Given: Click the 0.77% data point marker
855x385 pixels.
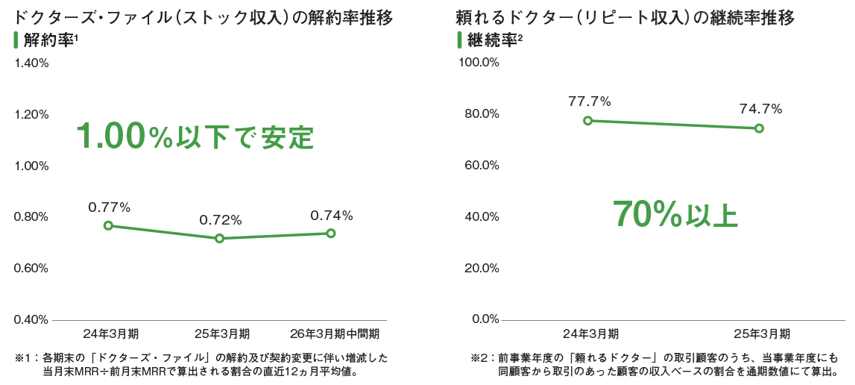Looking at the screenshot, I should pyautogui.click(x=108, y=225).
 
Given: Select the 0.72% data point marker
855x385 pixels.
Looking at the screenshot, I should pyautogui.click(x=219, y=238).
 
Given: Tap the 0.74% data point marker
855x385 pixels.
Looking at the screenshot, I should pyautogui.click(x=331, y=234).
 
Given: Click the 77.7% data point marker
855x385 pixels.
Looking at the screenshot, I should pyautogui.click(x=588, y=120).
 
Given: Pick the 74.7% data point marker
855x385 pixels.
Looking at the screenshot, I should pyautogui.click(x=760, y=128).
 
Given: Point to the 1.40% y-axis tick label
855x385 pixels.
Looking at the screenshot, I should pyautogui.click(x=31, y=63).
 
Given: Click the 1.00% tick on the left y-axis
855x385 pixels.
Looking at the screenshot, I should pyautogui.click(x=31, y=166).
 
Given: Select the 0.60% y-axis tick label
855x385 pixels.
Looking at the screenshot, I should pyautogui.click(x=31, y=269).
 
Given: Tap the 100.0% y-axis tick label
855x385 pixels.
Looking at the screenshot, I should pyautogui.click(x=478, y=62).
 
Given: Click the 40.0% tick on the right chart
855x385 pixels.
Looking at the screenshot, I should pyautogui.click(x=481, y=216).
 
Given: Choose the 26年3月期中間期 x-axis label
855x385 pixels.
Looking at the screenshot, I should pyautogui.click(x=334, y=333).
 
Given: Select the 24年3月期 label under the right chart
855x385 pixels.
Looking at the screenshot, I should pyautogui.click(x=590, y=333).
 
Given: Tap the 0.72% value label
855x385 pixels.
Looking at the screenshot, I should pyautogui.click(x=221, y=220).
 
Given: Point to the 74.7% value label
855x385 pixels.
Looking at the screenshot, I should pyautogui.click(x=760, y=110).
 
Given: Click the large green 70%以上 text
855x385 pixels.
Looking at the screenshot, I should pyautogui.click(x=675, y=214).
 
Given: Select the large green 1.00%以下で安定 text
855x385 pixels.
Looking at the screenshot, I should pyautogui.click(x=195, y=137).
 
